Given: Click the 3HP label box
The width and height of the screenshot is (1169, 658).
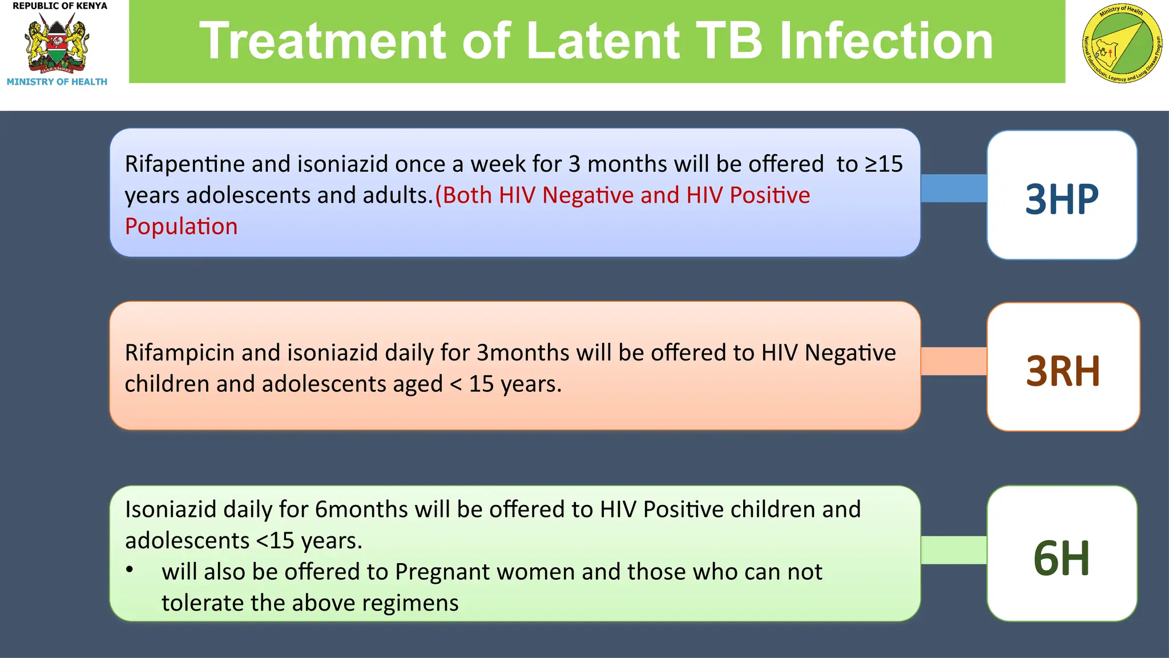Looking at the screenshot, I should (1062, 195).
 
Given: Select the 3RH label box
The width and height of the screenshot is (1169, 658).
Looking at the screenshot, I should (1063, 367).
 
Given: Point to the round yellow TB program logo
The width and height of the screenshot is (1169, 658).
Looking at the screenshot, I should (1122, 45).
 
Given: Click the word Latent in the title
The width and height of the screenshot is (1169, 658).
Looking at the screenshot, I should (603, 41).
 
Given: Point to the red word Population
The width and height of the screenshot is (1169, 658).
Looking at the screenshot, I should (181, 227).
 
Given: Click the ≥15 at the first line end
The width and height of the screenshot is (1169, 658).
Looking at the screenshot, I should (884, 164).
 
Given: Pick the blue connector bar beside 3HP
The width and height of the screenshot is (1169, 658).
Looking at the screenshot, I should (953, 188).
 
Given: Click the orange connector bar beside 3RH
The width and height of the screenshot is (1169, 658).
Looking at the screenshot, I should (953, 361).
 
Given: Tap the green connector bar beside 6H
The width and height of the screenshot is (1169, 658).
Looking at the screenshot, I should (953, 550).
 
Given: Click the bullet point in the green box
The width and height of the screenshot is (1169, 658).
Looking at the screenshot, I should (130, 569).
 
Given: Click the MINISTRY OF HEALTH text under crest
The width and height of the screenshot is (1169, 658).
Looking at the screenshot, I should (57, 82).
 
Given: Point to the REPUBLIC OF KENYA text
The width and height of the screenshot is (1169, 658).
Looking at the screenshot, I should (59, 6).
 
